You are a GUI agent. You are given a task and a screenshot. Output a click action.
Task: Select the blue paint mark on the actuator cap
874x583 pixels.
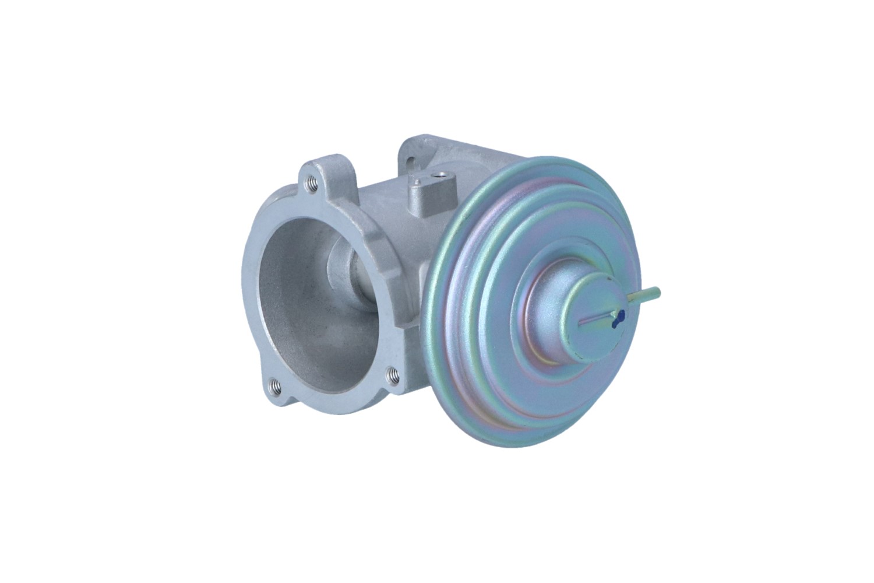618,317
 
